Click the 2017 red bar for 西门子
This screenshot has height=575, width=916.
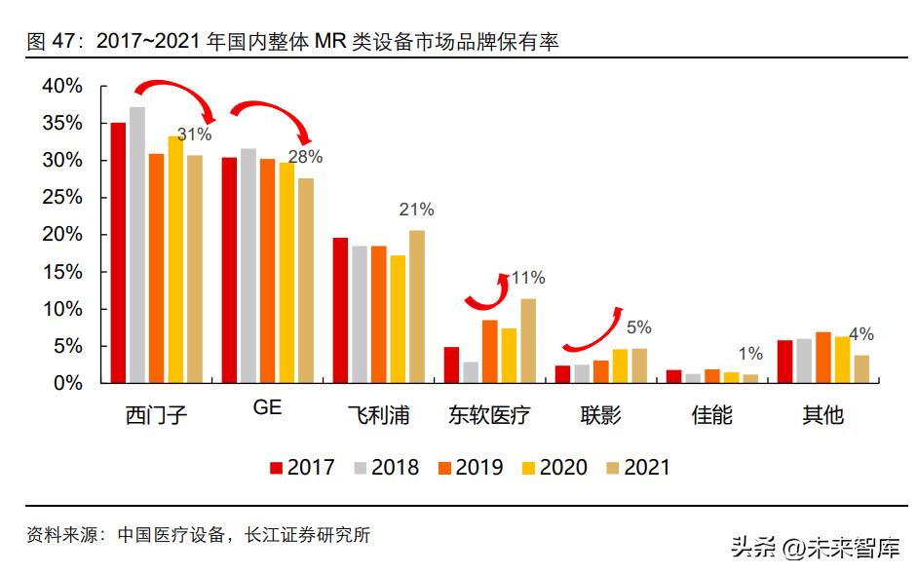tap(118, 253)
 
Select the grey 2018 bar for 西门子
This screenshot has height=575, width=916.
tap(137, 246)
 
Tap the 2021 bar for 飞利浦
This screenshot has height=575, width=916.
tap(417, 307)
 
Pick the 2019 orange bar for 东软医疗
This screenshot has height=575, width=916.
tap(490, 352)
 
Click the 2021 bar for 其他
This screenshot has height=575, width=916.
tap(861, 369)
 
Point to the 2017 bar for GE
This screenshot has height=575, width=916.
tap(229, 271)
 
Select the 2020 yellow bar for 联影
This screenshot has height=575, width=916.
tap(620, 366)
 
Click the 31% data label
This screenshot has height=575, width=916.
tap(194, 134)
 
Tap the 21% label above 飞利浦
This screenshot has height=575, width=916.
tap(417, 210)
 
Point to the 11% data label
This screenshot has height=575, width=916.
tap(527, 278)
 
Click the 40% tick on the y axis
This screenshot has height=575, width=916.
tap(62, 86)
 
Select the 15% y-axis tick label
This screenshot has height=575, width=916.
tap(62, 272)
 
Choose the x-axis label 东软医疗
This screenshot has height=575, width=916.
tap(489, 416)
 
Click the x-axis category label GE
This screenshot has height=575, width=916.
tap(267, 408)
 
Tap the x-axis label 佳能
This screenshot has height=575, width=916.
tap(711, 416)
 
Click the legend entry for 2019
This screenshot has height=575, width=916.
tap(467, 468)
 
